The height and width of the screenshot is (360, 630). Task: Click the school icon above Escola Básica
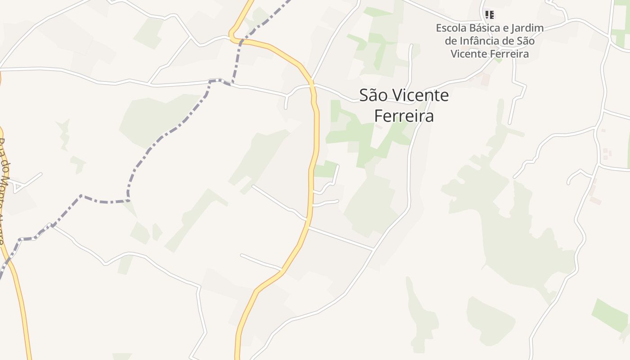[490, 15]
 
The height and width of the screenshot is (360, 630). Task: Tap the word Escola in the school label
[450, 28]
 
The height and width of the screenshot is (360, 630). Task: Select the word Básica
[485, 28]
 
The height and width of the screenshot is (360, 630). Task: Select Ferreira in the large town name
[404, 116]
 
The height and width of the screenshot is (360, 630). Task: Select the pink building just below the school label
[485, 80]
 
